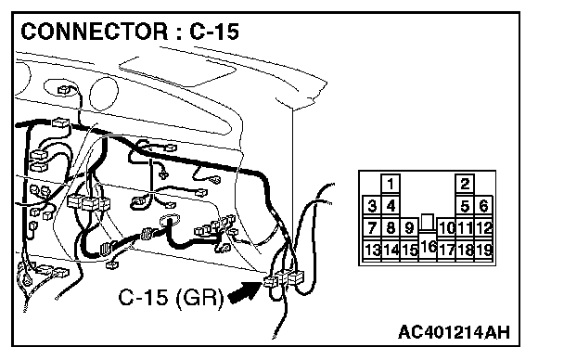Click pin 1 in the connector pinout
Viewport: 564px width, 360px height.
[391, 184]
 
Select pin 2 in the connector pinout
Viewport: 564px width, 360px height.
[465, 184]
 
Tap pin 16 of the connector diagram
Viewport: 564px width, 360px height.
[428, 247]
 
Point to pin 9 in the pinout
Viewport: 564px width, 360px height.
[409, 227]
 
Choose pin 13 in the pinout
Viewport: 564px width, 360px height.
[372, 250]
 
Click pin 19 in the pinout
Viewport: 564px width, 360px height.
[483, 250]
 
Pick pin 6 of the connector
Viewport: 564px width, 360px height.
[483, 206]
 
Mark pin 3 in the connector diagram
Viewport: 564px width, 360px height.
[372, 206]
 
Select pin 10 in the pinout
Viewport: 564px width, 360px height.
[446, 227]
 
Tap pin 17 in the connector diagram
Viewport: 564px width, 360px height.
[446, 250]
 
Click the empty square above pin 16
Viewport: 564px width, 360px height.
[428, 223]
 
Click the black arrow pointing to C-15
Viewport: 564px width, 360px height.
[245, 291]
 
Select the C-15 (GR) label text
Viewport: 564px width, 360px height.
[171, 298]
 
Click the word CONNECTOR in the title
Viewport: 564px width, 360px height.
[95, 32]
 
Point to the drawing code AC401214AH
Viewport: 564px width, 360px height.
[454, 332]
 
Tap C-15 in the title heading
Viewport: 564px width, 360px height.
[214, 32]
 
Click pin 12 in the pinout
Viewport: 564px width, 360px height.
[483, 227]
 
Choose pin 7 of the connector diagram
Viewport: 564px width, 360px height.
[372, 227]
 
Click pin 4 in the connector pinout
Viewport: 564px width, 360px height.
[391, 206]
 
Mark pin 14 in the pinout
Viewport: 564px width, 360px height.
[391, 250]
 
